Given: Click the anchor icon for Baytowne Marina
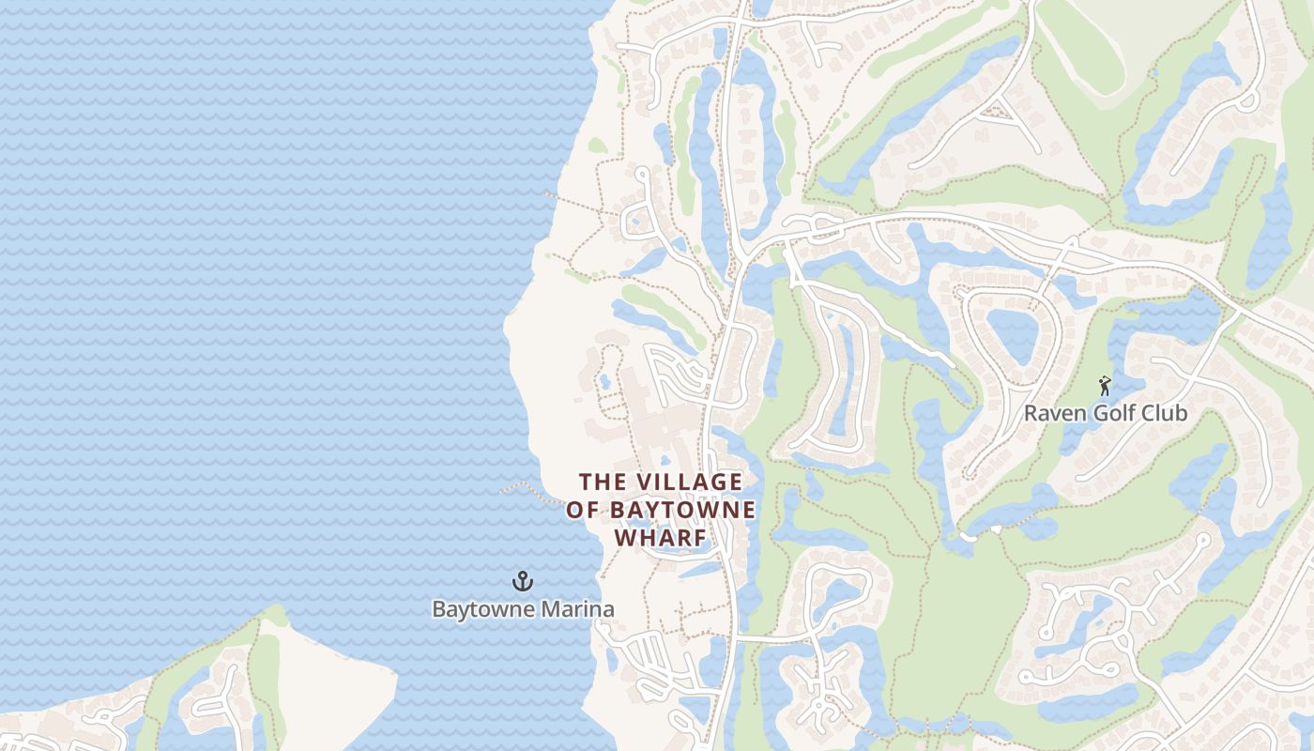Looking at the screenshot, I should coord(523,582).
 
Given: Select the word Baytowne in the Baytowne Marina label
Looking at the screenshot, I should coord(476,609).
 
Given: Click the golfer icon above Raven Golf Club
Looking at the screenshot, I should coord(1105,386).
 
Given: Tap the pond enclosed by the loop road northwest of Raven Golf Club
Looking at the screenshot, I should coord(1013,336).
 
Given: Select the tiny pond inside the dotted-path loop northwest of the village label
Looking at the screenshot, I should coord(605,382).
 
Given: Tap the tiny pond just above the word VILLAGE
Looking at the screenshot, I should coord(665,461).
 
